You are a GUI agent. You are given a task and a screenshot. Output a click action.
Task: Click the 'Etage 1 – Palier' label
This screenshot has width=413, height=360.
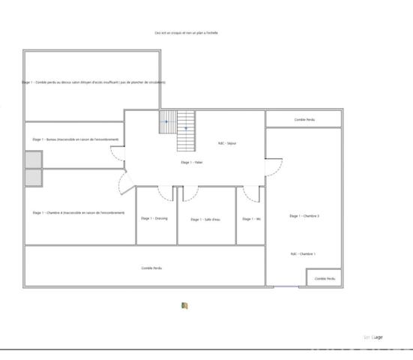coord(192,162)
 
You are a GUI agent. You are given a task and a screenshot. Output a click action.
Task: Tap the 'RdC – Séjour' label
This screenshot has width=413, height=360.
coord(227,143)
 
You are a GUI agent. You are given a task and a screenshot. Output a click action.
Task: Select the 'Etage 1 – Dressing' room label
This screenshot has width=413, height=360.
coord(154,218)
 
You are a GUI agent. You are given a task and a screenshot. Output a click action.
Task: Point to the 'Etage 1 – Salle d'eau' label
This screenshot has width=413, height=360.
coord(205,219)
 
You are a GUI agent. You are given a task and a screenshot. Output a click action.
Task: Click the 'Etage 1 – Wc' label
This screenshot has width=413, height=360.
coord(251,219)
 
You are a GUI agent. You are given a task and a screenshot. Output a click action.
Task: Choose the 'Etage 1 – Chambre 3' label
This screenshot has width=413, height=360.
coord(304,216)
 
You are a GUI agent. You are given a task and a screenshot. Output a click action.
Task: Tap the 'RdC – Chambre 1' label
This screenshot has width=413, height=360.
coord(304,254)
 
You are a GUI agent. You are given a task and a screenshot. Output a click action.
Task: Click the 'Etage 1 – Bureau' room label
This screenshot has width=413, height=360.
coord(73,139)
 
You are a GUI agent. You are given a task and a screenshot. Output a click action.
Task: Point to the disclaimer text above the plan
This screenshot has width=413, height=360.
coord(192,33)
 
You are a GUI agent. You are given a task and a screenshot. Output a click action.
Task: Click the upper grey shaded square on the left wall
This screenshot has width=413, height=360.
coord(33,160)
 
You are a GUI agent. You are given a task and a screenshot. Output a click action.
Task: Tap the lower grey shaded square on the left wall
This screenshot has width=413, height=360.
coord(33,177)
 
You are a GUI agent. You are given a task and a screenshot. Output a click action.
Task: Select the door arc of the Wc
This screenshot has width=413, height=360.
coord(250,194)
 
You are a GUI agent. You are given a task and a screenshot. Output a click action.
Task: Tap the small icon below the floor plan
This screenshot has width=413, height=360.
coord(184,305)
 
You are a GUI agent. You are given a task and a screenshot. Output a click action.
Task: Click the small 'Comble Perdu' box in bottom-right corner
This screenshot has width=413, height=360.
coord(325,278)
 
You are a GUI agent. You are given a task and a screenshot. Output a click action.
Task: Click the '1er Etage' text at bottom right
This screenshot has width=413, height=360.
coord(373,337)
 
